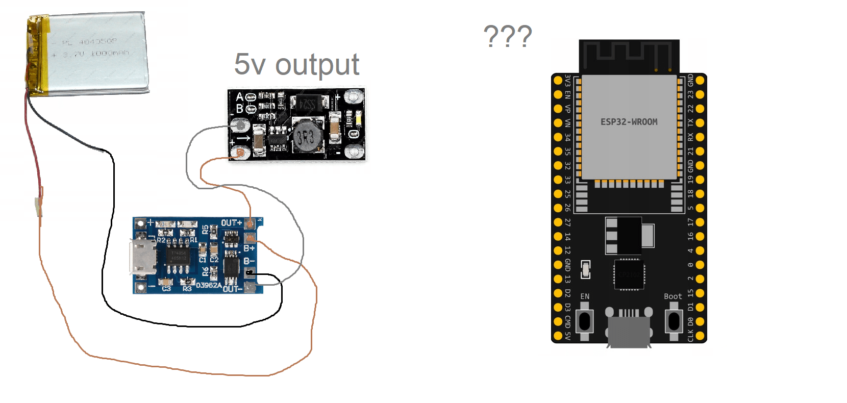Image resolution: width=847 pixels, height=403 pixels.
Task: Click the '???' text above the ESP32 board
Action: pos(507,36)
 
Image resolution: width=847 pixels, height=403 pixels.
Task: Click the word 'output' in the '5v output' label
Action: pos(317,65)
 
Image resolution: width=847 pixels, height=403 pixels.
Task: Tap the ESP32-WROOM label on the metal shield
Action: pos(629,122)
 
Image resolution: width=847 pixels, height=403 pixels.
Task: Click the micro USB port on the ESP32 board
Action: pos(629,332)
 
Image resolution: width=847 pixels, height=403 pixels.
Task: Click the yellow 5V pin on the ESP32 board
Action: pos(558,336)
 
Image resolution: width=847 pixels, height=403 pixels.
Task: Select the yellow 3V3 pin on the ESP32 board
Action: pos(558,81)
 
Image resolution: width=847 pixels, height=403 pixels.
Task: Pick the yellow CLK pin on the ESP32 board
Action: pos(700,336)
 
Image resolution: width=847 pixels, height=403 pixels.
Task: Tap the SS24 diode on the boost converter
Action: pos(306,104)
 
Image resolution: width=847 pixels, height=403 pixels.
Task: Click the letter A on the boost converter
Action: pos(239,97)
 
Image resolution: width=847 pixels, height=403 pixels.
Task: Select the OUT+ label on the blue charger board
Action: pos(231,223)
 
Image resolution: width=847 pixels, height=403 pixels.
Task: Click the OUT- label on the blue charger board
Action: pos(232,289)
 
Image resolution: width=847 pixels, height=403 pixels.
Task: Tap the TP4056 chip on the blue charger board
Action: pos(179,256)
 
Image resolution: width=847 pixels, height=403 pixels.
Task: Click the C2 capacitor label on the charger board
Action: pos(214,260)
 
